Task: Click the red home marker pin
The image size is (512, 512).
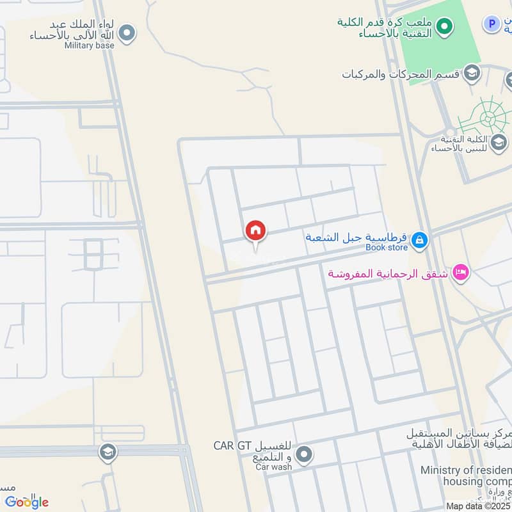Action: pos(255,232)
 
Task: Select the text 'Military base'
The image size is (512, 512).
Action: pos(90,45)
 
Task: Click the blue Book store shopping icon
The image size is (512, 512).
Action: pos(419,241)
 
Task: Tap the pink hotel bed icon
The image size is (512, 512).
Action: pos(460,273)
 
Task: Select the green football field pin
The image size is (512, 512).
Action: pos(445,27)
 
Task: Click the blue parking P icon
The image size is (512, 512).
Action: pos(491,24)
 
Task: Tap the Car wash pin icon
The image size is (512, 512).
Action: pos(304,455)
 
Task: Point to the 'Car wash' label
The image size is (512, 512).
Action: pos(274,467)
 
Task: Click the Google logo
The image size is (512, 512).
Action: pos(26,502)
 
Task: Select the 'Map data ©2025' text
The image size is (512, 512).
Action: pos(477,506)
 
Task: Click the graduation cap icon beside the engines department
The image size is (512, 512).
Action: pos(472,72)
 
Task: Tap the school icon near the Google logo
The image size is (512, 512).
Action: pos(108,453)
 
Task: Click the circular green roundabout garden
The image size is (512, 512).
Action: pos(488,118)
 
